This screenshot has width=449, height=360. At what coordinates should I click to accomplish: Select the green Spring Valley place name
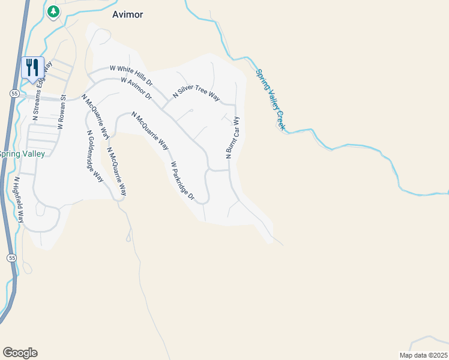pos(22,154)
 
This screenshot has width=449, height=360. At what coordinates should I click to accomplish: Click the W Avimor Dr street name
pos(136,88)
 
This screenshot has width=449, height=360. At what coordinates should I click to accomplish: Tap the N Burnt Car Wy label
pos(232,137)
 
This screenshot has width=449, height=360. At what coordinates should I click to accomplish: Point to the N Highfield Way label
pos(19,199)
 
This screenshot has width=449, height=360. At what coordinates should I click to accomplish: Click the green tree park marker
pos(53,11)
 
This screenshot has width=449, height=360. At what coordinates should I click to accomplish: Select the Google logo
pos(20,353)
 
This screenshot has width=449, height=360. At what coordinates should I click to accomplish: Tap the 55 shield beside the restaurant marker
pos(13,93)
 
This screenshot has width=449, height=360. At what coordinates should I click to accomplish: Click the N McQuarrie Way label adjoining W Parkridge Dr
pos(149,130)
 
